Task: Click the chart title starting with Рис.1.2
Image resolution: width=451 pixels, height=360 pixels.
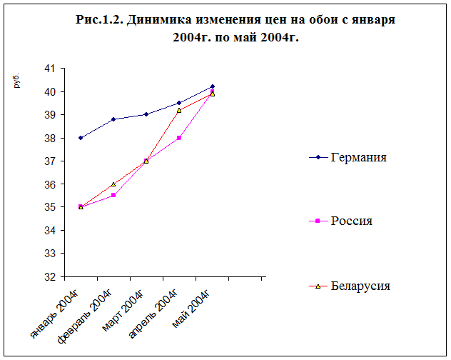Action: click(235, 28)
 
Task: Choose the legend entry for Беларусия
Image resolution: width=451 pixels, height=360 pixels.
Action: click(360, 286)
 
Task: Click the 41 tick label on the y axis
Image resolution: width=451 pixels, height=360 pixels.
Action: click(49, 69)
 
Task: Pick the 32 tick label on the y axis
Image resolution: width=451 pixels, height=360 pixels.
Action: click(49, 276)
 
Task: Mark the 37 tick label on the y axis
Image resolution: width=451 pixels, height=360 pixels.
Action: click(49, 161)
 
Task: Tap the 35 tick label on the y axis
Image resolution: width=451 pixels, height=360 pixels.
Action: click(49, 207)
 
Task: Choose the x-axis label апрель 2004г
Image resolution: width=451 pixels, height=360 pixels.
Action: click(153, 313)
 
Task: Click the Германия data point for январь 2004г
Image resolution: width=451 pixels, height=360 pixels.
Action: click(81, 138)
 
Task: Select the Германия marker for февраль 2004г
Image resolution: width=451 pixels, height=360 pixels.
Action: click(113, 119)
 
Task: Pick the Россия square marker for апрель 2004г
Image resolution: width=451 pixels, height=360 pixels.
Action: click(179, 138)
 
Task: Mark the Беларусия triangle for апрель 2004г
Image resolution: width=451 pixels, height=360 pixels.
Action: click(179, 110)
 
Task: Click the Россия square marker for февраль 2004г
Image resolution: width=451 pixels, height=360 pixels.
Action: click(113, 195)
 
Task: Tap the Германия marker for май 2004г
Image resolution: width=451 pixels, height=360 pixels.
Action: click(213, 86)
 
